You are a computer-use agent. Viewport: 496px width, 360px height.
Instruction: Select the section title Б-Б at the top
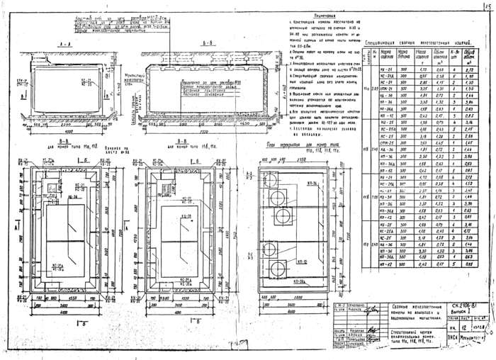[185, 43]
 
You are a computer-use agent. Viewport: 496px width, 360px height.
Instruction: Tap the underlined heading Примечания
[324, 13]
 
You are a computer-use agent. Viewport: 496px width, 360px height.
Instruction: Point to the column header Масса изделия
[423, 55]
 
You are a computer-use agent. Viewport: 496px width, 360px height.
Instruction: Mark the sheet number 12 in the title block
[444, 327]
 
